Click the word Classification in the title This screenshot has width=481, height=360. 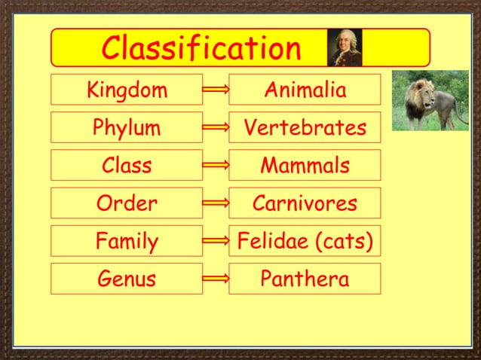(201, 48)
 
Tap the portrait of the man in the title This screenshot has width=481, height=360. (345, 47)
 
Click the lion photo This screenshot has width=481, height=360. (430, 100)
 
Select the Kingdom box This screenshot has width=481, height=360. (127, 90)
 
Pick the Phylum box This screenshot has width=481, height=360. (127, 127)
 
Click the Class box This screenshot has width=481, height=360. (127, 165)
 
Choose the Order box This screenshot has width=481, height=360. (127, 203)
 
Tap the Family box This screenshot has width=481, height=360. (127, 241)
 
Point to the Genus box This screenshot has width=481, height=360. (127, 279)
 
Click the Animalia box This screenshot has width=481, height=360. (305, 90)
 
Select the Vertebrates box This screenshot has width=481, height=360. (305, 127)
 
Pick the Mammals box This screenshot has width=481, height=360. (305, 165)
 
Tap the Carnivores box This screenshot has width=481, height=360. (305, 203)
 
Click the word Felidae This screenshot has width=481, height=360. (272, 241)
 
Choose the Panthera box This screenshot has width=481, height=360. (305, 279)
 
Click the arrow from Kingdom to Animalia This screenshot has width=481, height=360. (216, 90)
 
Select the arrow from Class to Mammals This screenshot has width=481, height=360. (216, 166)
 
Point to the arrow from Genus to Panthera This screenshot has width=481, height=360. (216, 279)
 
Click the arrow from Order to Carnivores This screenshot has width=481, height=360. (216, 203)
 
